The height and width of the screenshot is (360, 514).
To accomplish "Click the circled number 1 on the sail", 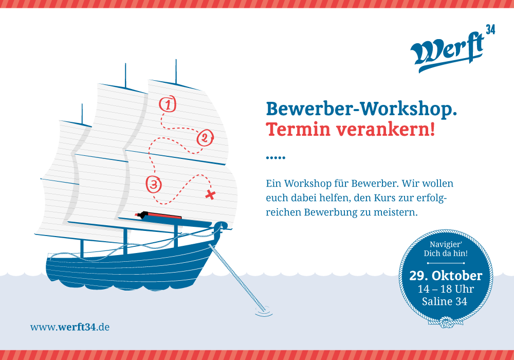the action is point(168,104).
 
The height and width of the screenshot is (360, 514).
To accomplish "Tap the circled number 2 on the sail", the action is point(205,138).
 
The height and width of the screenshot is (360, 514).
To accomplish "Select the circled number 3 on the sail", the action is point(154,184).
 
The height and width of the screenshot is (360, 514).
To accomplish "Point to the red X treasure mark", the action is point(210,194).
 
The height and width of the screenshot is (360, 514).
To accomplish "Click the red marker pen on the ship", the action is point(158,215).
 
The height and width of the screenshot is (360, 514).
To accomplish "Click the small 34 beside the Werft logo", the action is point(490,30).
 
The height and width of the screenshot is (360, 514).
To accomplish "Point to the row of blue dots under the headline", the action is point(276,158).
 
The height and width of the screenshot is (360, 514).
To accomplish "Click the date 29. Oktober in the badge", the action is point(446,276).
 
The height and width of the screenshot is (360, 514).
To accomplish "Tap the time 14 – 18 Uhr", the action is point(446,289).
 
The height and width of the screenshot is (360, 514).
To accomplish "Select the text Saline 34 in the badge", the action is point(445,301).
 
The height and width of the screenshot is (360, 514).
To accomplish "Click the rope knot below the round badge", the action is point(446,322).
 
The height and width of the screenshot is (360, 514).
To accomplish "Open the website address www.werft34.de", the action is point(70,327).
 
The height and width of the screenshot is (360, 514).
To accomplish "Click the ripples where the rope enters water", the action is point(264,312).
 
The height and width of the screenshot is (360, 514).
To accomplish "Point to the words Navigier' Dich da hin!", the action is point(446,249).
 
